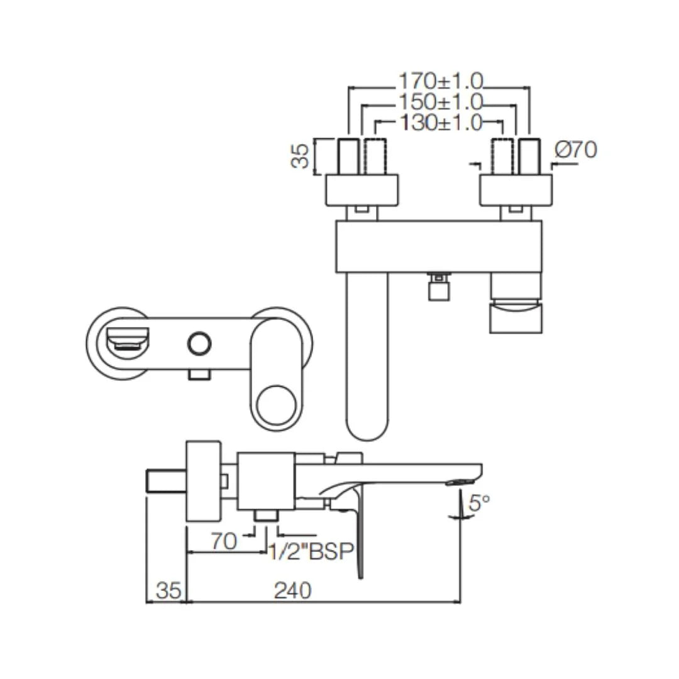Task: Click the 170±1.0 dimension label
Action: [440, 80]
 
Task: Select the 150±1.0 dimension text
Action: [440, 101]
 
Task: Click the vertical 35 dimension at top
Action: [301, 156]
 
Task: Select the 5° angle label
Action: [479, 503]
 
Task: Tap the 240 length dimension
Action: [292, 590]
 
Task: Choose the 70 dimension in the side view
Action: [224, 541]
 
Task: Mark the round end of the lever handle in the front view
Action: [278, 403]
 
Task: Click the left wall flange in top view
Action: [362, 190]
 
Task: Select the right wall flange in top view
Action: [516, 190]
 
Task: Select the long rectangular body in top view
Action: [438, 246]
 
